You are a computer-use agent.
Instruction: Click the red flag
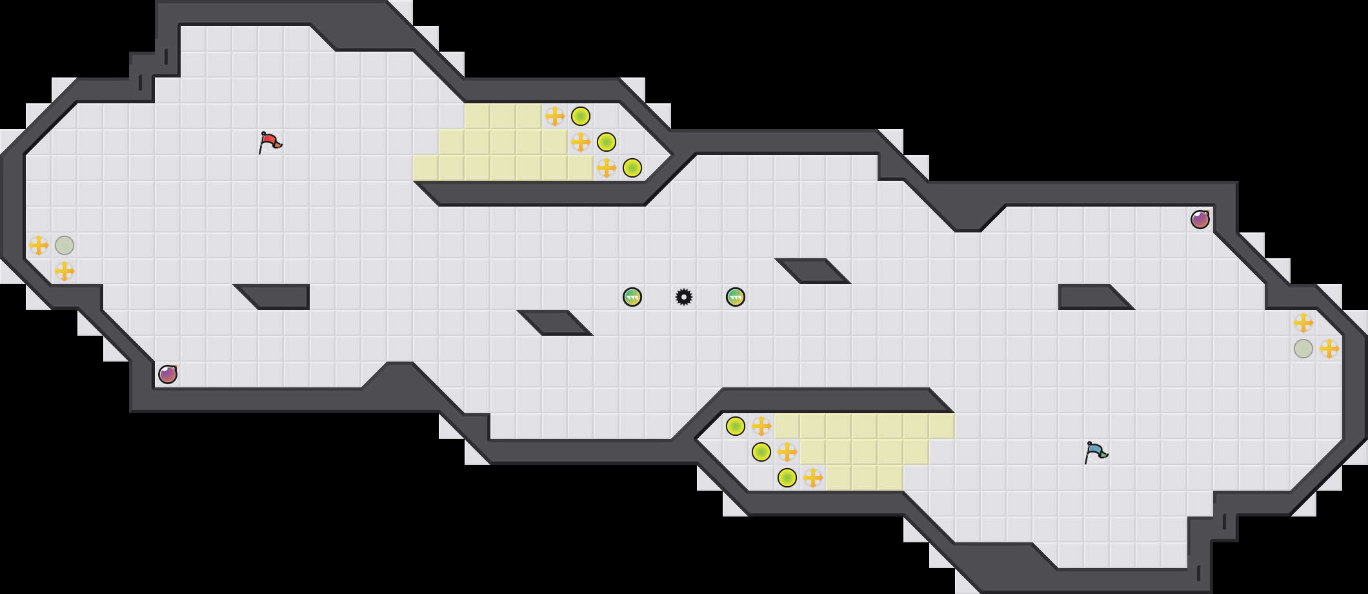[x=270, y=142]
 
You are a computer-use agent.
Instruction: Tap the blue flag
[x=1096, y=452]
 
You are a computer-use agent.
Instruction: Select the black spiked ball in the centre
[x=684, y=297]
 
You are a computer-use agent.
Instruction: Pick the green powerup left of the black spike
[x=632, y=297]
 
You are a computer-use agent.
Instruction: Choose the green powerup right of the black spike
[x=736, y=297]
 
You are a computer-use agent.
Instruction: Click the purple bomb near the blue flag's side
[x=1200, y=220]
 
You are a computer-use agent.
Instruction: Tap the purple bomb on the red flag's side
[x=168, y=374]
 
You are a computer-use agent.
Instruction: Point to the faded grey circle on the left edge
[x=65, y=245]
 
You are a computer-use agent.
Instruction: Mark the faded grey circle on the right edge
[x=1303, y=349]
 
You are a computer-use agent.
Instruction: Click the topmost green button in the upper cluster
[x=581, y=116]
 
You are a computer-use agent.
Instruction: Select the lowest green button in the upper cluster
[x=632, y=168]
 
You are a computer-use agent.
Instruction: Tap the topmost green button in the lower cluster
[x=736, y=426]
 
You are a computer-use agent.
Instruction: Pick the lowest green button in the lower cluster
[x=787, y=478]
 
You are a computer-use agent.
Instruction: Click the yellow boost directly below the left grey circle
[x=65, y=271]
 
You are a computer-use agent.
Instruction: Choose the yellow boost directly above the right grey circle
[x=1303, y=323]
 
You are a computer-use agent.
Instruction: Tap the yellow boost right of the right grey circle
[x=1329, y=349]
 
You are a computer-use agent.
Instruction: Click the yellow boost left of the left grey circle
[x=39, y=245]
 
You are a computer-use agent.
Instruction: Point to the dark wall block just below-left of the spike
[x=555, y=323]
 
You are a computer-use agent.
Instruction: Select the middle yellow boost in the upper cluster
[x=581, y=142]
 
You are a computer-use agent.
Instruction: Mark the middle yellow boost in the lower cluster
[x=787, y=452]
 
